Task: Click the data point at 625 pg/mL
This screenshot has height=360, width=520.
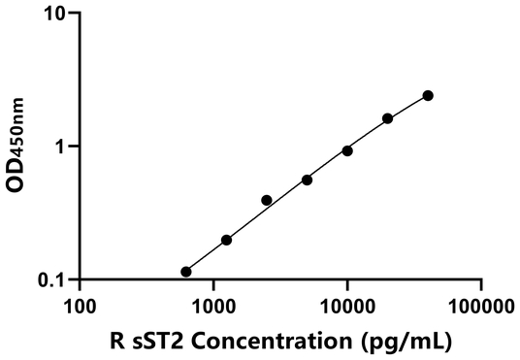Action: coord(186,272)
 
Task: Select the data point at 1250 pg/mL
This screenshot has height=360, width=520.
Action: coord(226,240)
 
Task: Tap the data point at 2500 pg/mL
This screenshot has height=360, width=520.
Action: coord(267,200)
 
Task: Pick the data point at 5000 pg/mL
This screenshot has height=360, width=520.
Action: coord(307,180)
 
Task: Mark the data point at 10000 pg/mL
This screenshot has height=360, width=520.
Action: coord(347,150)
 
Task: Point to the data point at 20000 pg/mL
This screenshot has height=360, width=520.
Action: coord(387,118)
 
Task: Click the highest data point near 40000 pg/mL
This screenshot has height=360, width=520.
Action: coord(428,95)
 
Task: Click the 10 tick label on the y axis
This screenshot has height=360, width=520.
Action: coord(55,15)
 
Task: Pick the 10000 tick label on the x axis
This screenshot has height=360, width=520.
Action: coord(346,307)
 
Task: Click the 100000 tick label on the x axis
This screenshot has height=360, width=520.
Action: coord(481,307)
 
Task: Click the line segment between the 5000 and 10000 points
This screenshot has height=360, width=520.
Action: coord(327,165)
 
